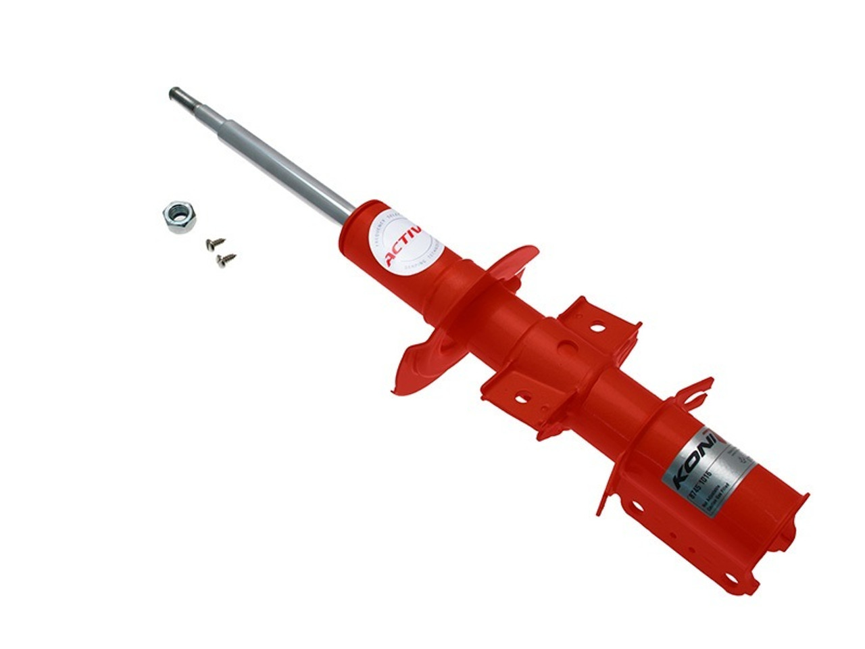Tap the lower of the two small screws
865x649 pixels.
tap(226, 258)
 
